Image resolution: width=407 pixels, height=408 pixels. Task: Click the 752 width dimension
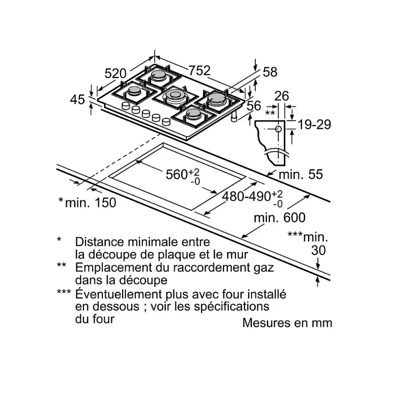[199, 71]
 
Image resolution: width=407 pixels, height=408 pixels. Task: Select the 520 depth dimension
[115, 74]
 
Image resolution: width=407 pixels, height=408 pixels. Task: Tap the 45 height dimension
[78, 100]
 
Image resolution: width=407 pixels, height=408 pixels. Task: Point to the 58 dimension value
[270, 72]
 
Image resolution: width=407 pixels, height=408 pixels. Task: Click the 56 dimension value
[254, 105]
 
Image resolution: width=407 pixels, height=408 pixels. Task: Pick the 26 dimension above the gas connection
[282, 96]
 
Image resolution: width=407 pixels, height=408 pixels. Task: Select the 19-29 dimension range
[314, 125]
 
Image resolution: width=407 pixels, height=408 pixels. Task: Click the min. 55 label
[301, 174]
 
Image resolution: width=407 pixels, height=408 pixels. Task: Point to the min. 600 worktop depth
[279, 218]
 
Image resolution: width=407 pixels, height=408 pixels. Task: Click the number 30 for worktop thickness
[318, 250]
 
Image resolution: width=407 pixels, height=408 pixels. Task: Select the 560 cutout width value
[177, 174]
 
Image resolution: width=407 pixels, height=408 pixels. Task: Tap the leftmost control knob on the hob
[126, 105]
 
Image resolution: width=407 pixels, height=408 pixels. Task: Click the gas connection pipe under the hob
[234, 117]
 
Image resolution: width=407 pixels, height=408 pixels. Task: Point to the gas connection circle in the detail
[278, 129]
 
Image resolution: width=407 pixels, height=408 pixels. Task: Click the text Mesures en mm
[287, 323]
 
